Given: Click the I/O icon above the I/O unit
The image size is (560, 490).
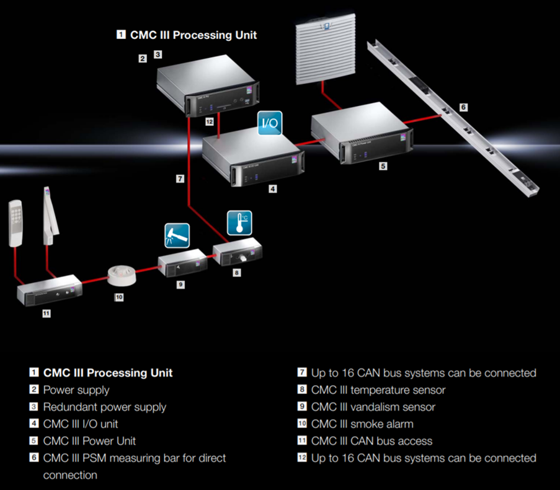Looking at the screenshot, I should pos(270,123).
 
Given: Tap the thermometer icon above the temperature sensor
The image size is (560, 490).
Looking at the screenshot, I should pos(239,223).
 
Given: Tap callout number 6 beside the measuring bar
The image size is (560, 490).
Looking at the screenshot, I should pos(463,107).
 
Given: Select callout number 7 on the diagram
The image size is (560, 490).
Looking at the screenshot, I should pos(179,179).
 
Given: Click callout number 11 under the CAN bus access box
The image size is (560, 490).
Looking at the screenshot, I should pos(46,313).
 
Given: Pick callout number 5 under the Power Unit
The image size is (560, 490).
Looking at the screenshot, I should pos(383,167).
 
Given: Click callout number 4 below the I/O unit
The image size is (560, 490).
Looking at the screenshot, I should pos(272,189).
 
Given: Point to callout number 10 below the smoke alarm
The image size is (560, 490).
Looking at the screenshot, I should pos(119,297).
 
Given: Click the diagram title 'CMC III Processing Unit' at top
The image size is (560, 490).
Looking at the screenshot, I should pos(193,35).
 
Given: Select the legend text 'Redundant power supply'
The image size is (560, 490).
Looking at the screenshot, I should pos(104,407).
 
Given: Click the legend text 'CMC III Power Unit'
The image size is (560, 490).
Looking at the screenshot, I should pos(89,441).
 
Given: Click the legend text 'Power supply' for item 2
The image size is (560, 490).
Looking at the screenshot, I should pos(76,390).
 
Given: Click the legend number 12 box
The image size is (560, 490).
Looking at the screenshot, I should pos(301,458).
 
